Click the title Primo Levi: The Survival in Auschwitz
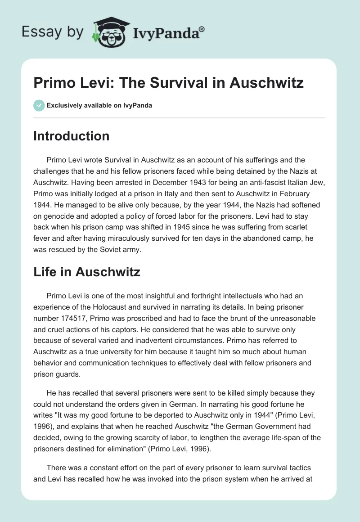coord(168,83)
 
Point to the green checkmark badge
coord(39,105)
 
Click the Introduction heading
coord(71,136)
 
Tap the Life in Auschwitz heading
coord(87,271)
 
